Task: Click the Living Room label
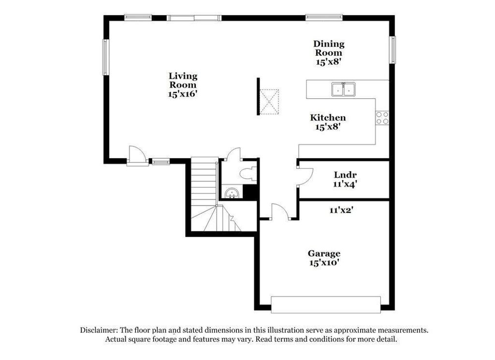pos(183,85)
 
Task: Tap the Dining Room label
pos(329,53)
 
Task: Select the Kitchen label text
pos(328,122)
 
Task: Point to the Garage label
pos(324,258)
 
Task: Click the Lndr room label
pos(346,179)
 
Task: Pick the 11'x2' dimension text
pos(341,210)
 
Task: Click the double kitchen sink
pos(343,90)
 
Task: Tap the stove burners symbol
pos(382,118)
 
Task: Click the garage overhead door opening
pos(325,305)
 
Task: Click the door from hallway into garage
pos(279,212)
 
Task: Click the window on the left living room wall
pos(105,57)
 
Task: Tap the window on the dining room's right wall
pos(393,50)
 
